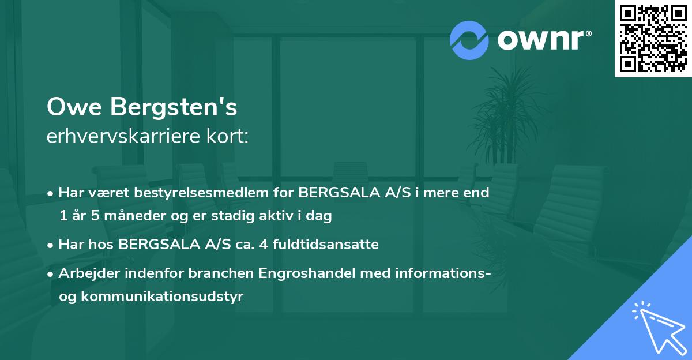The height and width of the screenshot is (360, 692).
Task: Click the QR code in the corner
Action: point(653,39)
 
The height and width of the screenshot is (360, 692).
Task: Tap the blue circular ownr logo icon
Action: point(469,39)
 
